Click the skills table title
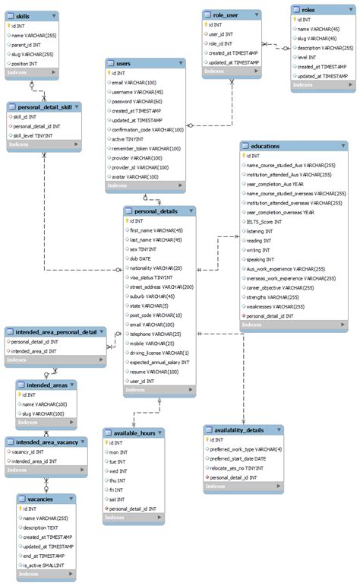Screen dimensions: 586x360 point(24,15)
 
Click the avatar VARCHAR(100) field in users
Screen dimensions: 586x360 point(134,176)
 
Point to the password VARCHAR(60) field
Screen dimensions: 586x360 point(137,101)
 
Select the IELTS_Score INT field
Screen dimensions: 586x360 point(270,222)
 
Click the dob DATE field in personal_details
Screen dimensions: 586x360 point(141,258)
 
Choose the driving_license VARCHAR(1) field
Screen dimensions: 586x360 point(159,353)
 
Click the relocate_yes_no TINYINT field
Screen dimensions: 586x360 point(237,468)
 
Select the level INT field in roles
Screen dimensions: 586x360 point(308,57)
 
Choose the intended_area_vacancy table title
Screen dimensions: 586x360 point(47,441)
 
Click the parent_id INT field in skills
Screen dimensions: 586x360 point(27,44)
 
